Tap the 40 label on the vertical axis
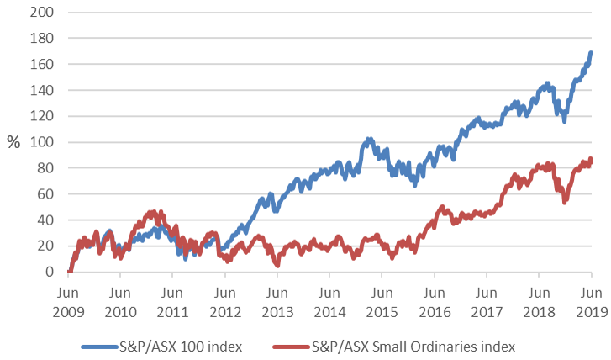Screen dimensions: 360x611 tap(47, 220)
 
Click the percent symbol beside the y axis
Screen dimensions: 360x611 tap(13, 142)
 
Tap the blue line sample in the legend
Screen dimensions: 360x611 tap(102, 346)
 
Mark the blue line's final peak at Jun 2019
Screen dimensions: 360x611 tap(591, 53)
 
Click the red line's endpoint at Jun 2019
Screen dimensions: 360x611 tap(591, 159)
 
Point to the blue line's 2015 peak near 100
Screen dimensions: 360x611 tap(369, 140)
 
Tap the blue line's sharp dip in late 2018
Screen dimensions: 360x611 tap(564, 121)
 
